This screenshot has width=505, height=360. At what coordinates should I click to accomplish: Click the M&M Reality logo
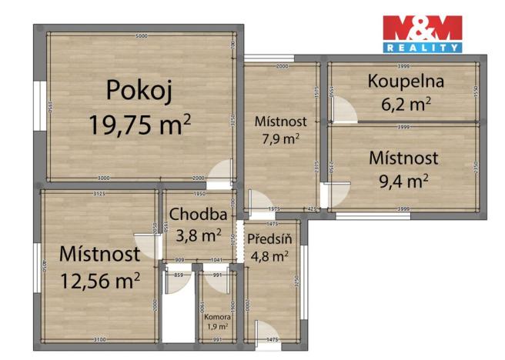coord(423,33)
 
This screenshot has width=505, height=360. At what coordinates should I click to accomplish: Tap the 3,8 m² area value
coord(198,235)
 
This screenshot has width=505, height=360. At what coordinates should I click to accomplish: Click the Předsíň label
coord(267,238)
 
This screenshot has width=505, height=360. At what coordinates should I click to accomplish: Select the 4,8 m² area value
coord(268,256)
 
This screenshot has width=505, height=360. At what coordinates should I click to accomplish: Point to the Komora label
coord(217,316)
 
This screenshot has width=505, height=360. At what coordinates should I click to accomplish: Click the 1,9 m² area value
coord(217,327)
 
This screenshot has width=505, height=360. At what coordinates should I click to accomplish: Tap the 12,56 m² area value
coord(99,278)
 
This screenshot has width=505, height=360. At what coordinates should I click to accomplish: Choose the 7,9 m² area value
coord(280,138)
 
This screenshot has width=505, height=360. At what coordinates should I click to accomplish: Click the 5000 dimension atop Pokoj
coord(142,37)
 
